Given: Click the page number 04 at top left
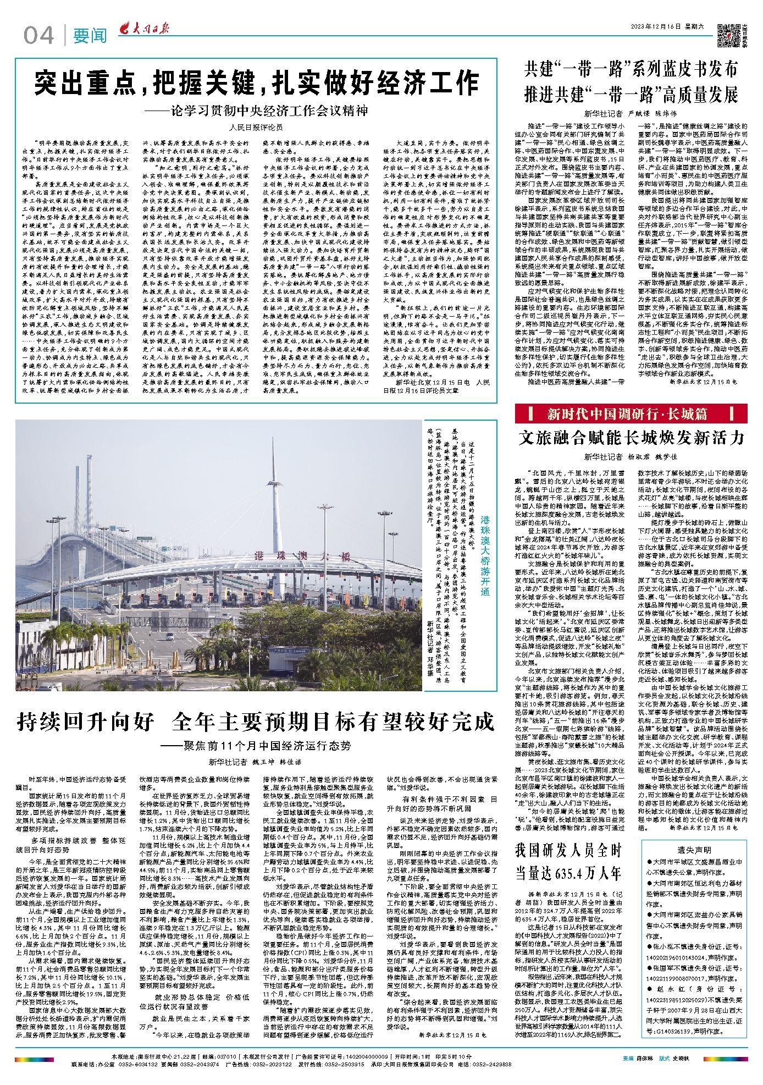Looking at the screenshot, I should pos(38,36).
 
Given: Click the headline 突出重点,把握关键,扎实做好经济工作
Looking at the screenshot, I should pos(256,82).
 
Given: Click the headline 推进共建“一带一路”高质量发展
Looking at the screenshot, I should pos(631,95).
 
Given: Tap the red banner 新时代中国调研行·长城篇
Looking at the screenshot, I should pos(631,414).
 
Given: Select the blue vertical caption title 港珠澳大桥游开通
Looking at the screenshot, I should pos(485,555).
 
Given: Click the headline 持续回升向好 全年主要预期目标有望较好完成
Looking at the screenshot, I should pos(256,722).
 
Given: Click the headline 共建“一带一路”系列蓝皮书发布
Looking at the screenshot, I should pos(631,70).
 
